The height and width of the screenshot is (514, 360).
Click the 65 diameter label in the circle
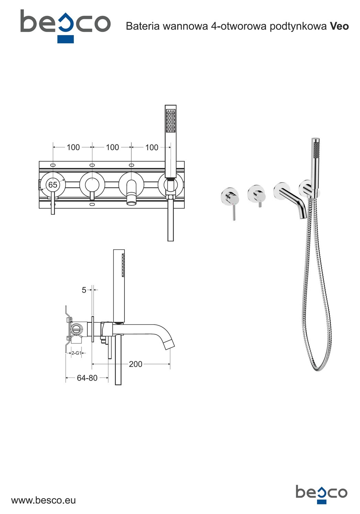(x=53, y=185)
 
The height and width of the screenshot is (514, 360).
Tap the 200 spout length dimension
(x=135, y=364)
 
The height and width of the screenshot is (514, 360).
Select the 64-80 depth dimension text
(x=87, y=378)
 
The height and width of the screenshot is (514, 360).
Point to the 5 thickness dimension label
(x=84, y=290)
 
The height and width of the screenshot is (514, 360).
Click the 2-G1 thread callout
(x=76, y=353)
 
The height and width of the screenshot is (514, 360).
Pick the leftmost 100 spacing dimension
(x=73, y=147)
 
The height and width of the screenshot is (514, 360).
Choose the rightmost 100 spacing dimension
(x=152, y=147)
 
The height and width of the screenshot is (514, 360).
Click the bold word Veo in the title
(x=339, y=26)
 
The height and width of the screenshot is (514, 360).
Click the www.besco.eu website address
(x=44, y=500)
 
